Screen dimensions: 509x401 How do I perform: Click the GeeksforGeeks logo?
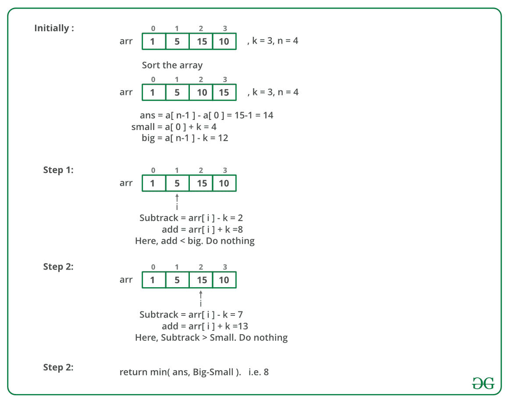483,383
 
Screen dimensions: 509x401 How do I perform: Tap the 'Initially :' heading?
54,28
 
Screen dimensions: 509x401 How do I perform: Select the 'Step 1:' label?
58,170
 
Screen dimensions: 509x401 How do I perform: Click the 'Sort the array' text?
172,65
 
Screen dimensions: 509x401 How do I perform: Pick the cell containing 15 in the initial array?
201,41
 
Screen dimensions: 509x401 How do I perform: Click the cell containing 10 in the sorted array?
201,92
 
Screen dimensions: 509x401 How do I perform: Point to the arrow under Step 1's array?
177,198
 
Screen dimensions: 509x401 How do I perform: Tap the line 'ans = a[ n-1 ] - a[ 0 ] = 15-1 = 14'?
206,116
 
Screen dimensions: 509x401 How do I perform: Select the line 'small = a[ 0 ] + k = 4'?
174,127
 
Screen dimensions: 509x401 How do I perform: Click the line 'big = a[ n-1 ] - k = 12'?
185,138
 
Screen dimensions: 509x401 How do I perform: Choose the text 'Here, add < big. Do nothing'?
195,241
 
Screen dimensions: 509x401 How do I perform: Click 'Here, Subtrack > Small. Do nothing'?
211,338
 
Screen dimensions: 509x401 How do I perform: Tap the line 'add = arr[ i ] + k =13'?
205,326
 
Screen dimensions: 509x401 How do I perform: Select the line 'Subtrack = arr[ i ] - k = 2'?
191,218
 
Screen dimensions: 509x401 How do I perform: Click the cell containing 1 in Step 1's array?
154,183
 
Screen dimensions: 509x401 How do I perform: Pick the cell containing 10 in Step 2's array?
224,280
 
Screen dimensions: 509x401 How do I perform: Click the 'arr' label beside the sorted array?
126,92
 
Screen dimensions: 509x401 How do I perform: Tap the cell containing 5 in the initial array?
177,41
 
